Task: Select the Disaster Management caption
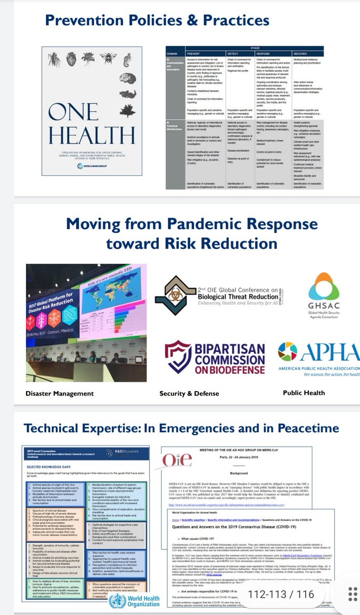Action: (60, 394)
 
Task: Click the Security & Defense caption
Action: (189, 394)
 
